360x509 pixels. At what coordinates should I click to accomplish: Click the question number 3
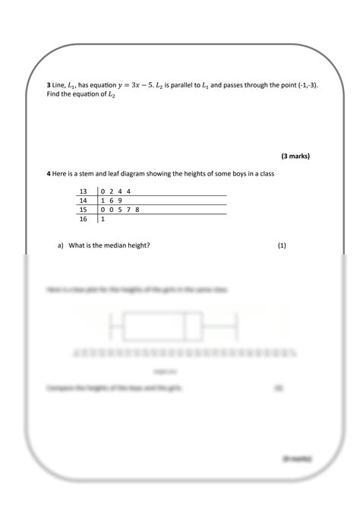click(x=49, y=86)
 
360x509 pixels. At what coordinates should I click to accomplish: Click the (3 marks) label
click(x=295, y=156)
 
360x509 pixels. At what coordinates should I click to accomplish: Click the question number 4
click(x=49, y=174)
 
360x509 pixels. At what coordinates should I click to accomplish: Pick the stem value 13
click(x=83, y=191)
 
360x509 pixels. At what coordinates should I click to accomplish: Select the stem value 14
click(x=83, y=200)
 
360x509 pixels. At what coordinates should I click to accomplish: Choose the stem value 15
click(x=83, y=209)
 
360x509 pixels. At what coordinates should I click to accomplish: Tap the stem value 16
click(x=83, y=219)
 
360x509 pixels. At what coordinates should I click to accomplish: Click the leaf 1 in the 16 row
click(x=103, y=219)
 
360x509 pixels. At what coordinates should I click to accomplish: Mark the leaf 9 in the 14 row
click(x=121, y=200)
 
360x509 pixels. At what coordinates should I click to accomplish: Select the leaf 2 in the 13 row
click(x=112, y=191)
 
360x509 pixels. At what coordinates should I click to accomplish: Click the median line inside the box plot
click(x=185, y=327)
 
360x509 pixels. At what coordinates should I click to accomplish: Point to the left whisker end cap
click(x=112, y=327)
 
